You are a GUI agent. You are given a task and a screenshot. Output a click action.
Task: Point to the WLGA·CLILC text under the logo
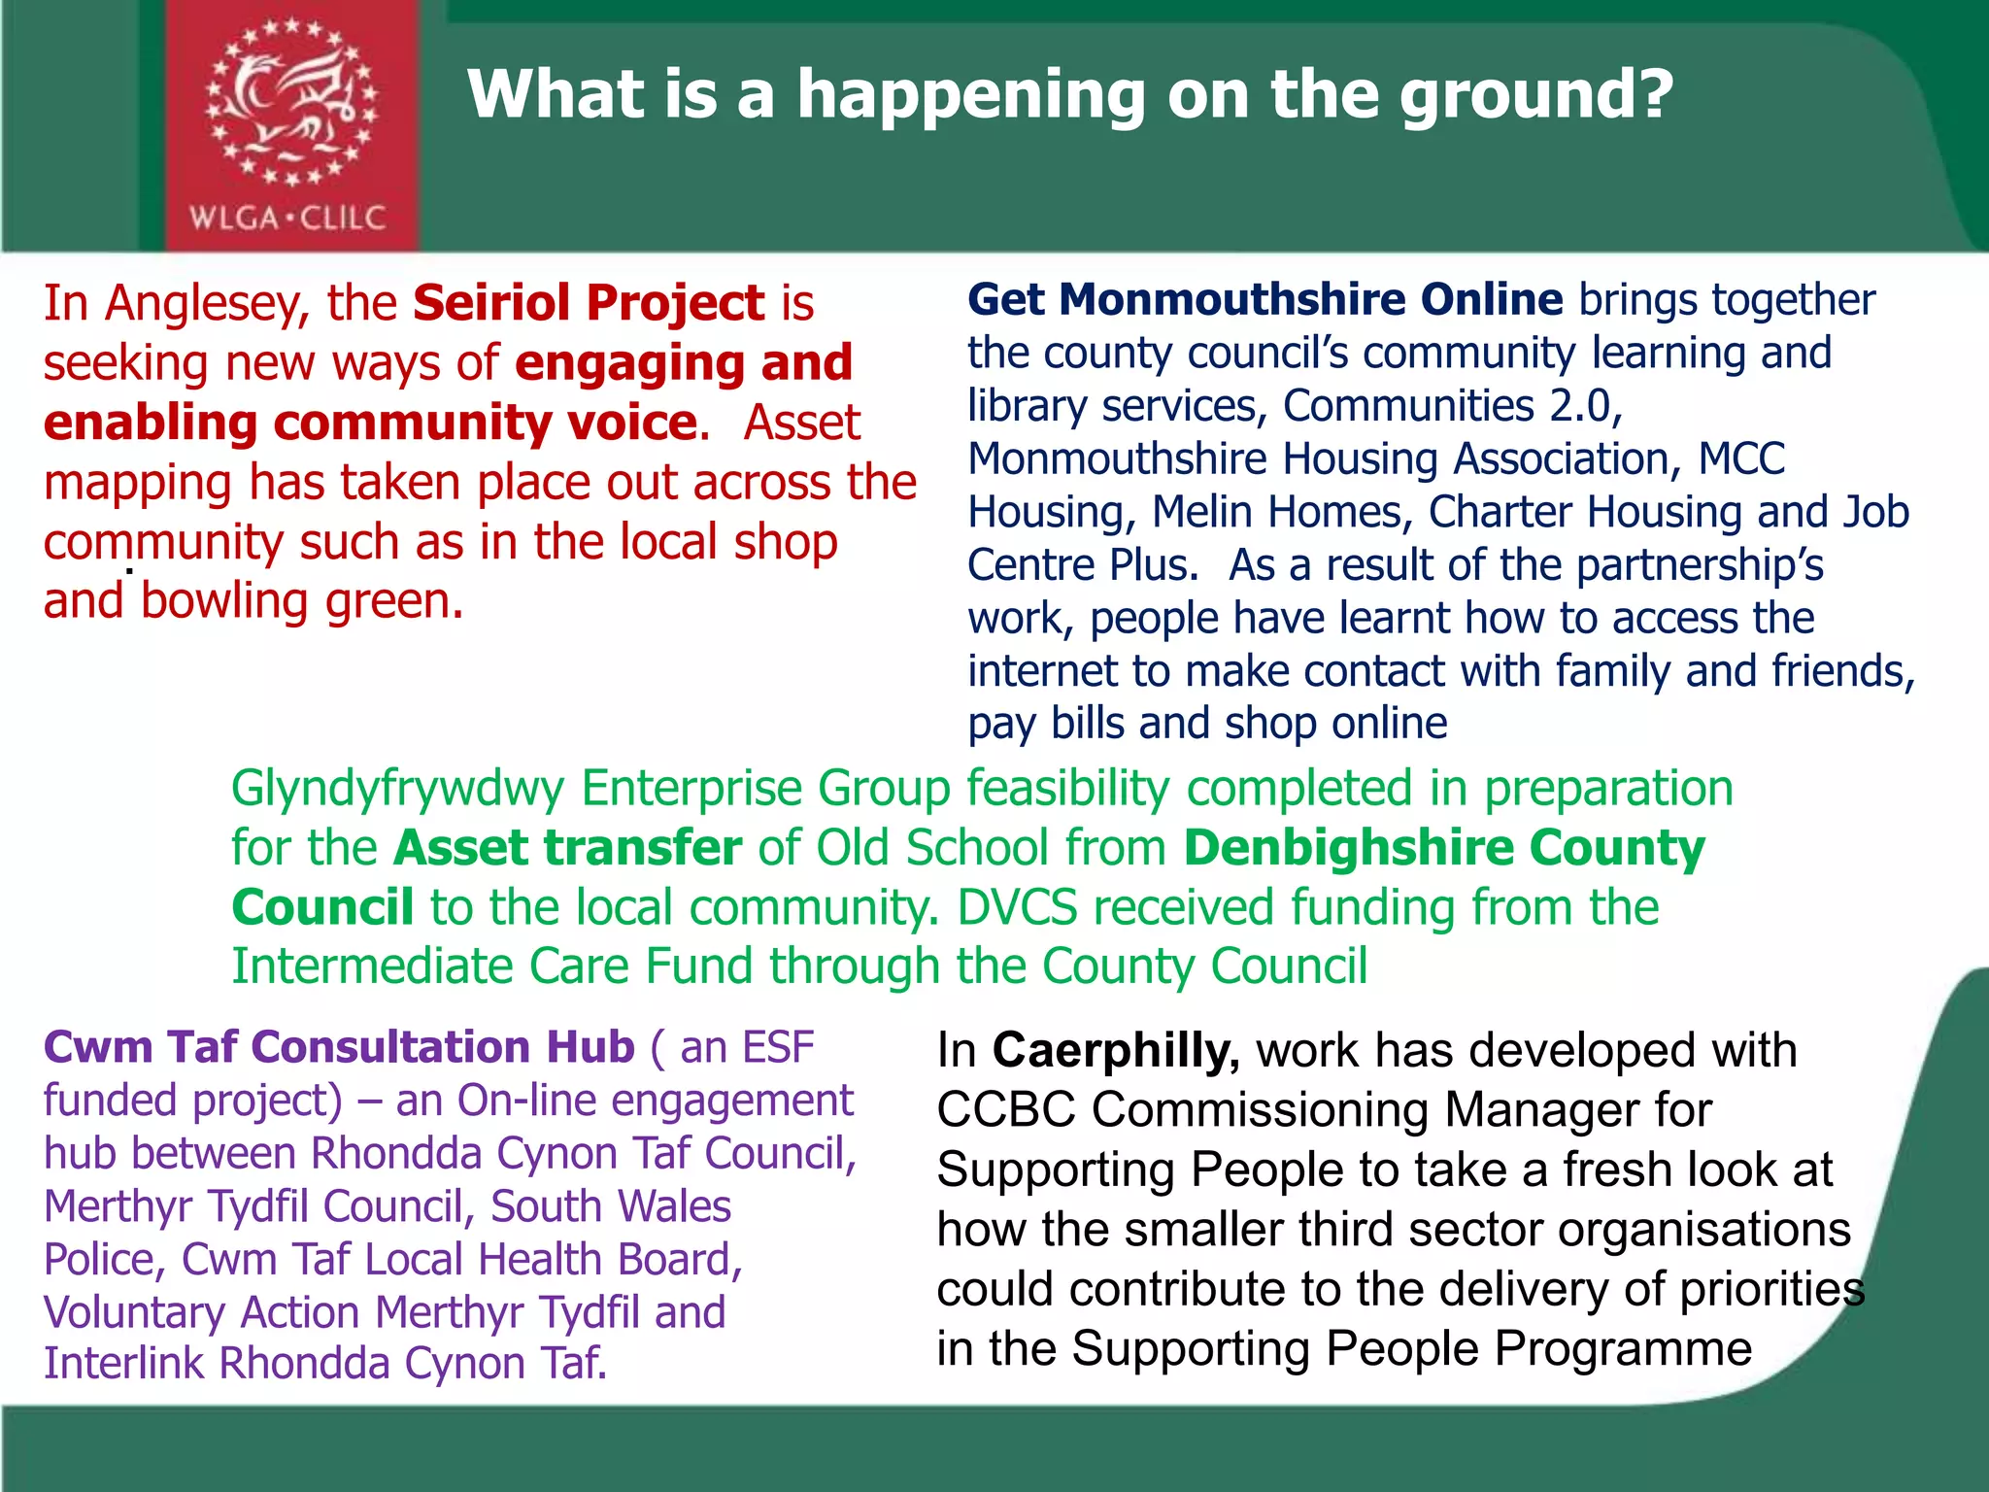click(287, 218)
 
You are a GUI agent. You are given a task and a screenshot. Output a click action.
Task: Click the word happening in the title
click(972, 95)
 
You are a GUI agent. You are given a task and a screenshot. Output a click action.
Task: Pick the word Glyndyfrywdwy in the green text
click(397, 789)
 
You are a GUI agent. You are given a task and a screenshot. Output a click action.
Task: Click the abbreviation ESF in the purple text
click(777, 1048)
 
